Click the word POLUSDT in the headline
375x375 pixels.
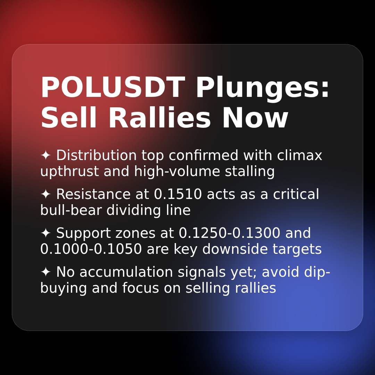(112, 88)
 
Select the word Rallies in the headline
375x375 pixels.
(159, 118)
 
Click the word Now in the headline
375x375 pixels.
(255, 118)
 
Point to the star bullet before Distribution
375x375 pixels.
(45, 156)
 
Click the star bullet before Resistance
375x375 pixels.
(45, 194)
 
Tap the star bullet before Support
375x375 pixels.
(45, 233)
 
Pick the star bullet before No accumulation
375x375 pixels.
(45, 272)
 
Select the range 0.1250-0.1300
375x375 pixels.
(229, 233)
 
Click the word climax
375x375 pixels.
(300, 156)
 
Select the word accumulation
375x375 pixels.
(126, 272)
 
